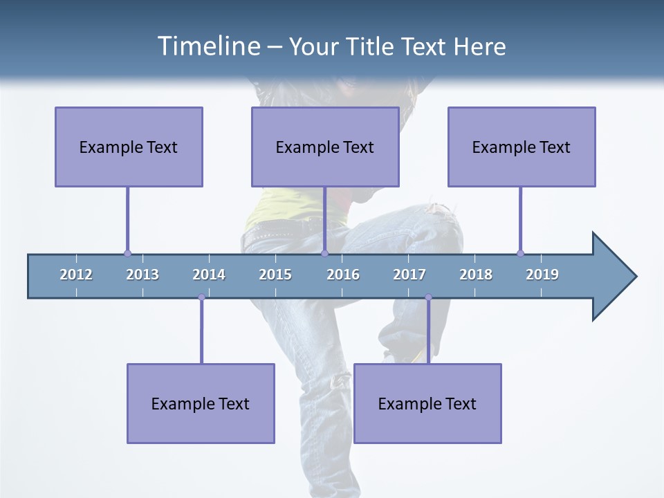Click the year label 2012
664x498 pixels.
point(76,275)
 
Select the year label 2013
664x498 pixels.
point(142,275)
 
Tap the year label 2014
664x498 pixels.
point(209,275)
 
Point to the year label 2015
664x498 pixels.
point(275,275)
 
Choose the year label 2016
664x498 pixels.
point(343,275)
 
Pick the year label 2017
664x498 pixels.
point(409,275)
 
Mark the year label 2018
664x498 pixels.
point(476,275)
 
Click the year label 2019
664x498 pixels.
point(542,275)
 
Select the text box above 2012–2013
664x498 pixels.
point(129,147)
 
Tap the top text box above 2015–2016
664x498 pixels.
point(325,147)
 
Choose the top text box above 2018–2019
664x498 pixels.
point(522,147)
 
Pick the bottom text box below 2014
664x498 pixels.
point(201,403)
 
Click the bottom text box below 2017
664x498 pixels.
point(427,403)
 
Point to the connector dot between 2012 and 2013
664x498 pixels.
point(127,253)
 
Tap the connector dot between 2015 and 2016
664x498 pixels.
point(324,253)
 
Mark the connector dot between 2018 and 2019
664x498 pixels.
point(520,253)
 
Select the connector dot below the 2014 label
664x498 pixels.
point(201,297)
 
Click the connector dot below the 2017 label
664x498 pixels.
point(428,297)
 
